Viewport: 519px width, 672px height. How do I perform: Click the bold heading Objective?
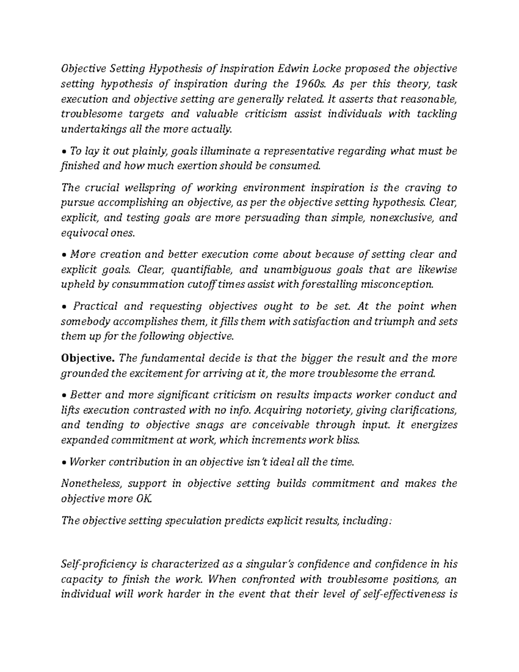(88, 358)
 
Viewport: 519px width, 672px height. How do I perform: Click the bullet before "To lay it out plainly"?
(64, 152)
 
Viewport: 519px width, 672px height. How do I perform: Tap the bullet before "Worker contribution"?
(64, 463)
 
